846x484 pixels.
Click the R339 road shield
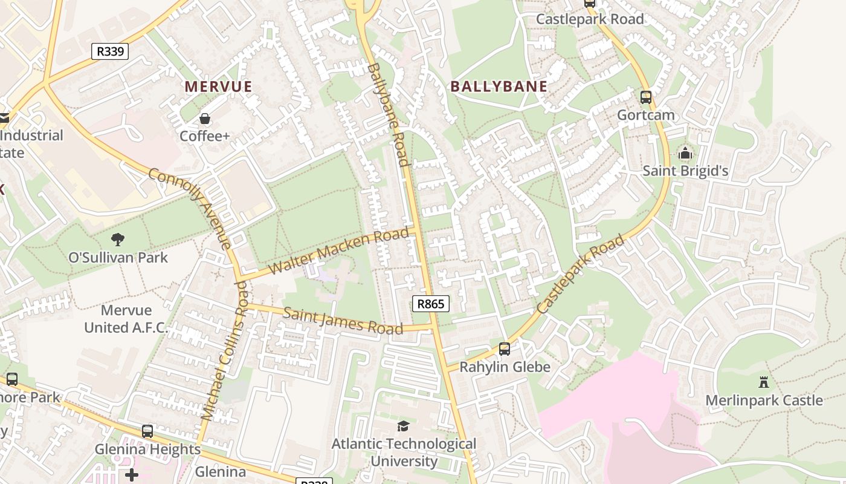[x=110, y=51]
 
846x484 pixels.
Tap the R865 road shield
[x=431, y=304]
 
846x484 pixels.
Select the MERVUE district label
[x=218, y=87]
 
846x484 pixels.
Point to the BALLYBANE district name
[x=499, y=87]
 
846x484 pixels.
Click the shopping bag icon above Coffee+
[x=205, y=118]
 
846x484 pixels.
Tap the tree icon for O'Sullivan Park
[x=118, y=240]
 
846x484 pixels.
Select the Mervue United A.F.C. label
[x=126, y=319]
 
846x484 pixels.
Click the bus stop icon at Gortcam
[x=645, y=97]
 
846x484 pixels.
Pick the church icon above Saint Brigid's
[x=685, y=153]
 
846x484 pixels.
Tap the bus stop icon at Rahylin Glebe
[x=504, y=348]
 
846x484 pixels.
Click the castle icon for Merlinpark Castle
[x=764, y=382]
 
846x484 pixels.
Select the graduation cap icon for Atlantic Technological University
[x=403, y=426]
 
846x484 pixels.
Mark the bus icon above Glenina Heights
[x=147, y=431]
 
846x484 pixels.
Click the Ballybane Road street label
[x=387, y=114]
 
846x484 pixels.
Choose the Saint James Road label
[x=343, y=321]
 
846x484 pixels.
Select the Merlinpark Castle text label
[x=764, y=401]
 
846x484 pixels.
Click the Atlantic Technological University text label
[x=404, y=452]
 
